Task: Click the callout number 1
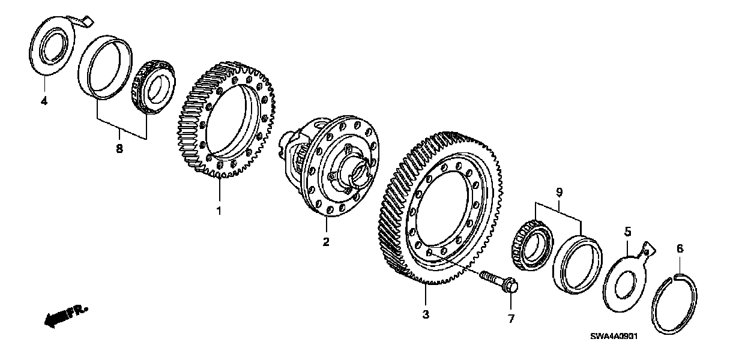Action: tap(219, 211)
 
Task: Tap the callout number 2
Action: tap(325, 242)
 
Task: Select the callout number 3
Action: tap(425, 314)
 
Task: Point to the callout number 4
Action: tap(44, 101)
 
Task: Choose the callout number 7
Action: tap(511, 319)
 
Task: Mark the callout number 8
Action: tap(119, 149)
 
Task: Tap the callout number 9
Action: tap(559, 193)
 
